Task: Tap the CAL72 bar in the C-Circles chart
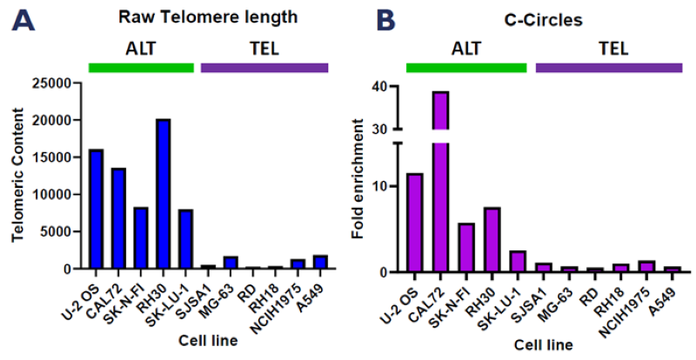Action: pyautogui.click(x=440, y=187)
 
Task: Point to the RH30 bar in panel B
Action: pyautogui.click(x=492, y=240)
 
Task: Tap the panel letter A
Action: pyautogui.click(x=25, y=19)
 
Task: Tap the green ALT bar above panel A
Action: pyautogui.click(x=141, y=67)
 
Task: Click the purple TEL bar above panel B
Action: pyautogui.click(x=608, y=67)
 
